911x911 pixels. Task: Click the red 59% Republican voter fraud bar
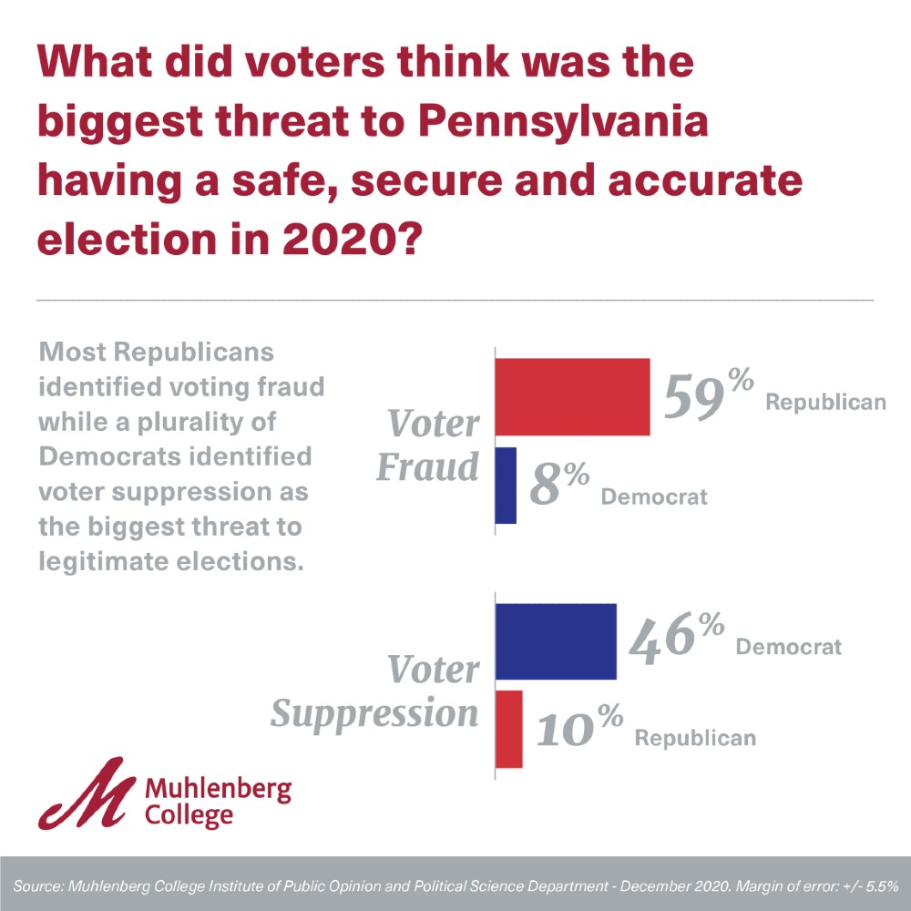pyautogui.click(x=572, y=397)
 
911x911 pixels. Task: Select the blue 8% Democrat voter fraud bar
pyautogui.click(x=506, y=485)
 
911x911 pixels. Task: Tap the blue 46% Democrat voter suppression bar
pyautogui.click(x=556, y=641)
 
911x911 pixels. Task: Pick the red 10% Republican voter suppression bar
pyautogui.click(x=508, y=729)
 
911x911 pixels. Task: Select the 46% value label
pyautogui.click(x=677, y=638)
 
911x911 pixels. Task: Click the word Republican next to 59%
pyautogui.click(x=825, y=402)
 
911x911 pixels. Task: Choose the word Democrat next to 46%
pyautogui.click(x=788, y=647)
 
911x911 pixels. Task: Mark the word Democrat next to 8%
pyautogui.click(x=654, y=497)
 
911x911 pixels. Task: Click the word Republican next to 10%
pyautogui.click(x=695, y=737)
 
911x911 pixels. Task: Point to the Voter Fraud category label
pyautogui.click(x=428, y=445)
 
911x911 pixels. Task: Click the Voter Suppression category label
pyautogui.click(x=375, y=692)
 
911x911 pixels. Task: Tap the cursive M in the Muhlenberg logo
pyautogui.click(x=87, y=795)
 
